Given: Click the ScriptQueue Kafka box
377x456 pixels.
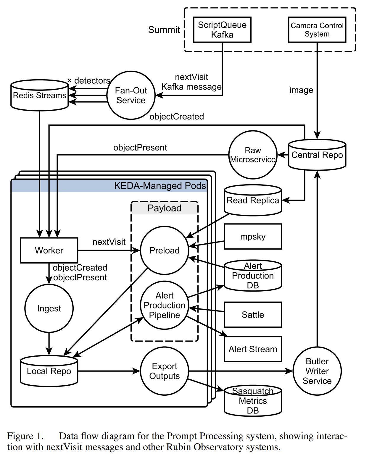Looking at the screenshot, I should pyautogui.click(x=222, y=30).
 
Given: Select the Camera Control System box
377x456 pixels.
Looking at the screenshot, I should pyautogui.click(x=317, y=30).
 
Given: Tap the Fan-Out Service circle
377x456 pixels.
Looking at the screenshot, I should pyautogui.click(x=131, y=95).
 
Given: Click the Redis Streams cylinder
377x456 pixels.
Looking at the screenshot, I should pyautogui.click(x=40, y=95).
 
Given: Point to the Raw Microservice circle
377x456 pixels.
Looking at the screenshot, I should pyautogui.click(x=253, y=155).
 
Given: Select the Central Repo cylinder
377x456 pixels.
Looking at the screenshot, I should pyautogui.click(x=317, y=155).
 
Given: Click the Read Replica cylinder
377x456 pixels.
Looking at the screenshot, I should pyautogui.click(x=253, y=200).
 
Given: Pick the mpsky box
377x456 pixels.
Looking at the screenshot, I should pyautogui.click(x=253, y=237).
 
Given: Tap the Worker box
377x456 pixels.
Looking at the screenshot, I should pyautogui.click(x=49, y=250).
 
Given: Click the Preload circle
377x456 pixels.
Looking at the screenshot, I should pyautogui.click(x=164, y=250).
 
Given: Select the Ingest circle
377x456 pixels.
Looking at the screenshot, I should pyautogui.click(x=49, y=308).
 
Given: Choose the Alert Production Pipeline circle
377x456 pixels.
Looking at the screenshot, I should pyautogui.click(x=164, y=305).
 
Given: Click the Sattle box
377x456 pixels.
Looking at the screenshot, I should pyautogui.click(x=253, y=315).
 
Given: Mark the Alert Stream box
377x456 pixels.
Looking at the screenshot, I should pyautogui.click(x=253, y=349).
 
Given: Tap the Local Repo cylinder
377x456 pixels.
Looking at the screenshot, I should pyautogui.click(x=49, y=371).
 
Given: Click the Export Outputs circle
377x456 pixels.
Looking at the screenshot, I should pyautogui.click(x=164, y=371).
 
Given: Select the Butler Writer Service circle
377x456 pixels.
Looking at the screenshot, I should pyautogui.click(x=317, y=371).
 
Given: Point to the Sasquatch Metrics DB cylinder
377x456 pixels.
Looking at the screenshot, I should pyautogui.click(x=253, y=401).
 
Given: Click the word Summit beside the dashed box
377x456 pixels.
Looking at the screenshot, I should pyautogui.click(x=164, y=30).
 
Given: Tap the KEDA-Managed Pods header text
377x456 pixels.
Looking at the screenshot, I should pyautogui.click(x=160, y=186).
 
